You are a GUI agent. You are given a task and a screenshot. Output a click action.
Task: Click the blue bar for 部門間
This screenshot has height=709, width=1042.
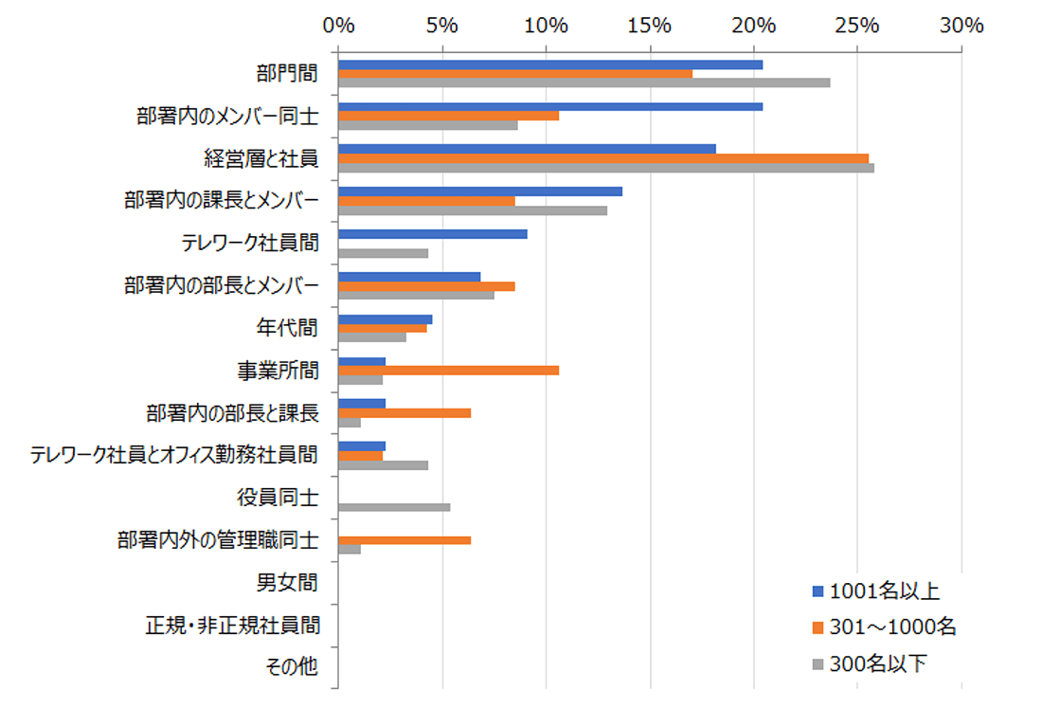click(x=550, y=64)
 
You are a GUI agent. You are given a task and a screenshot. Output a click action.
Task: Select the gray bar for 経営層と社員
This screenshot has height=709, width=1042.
click(x=606, y=168)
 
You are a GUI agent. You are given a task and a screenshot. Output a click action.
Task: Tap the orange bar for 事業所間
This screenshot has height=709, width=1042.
click(x=448, y=370)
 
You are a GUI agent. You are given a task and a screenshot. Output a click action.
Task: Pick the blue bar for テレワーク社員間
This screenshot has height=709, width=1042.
click(x=432, y=233)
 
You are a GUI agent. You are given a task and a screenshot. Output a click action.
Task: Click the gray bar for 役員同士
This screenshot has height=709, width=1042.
click(x=394, y=507)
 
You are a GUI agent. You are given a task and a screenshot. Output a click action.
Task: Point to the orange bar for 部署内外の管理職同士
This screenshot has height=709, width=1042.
click(x=404, y=540)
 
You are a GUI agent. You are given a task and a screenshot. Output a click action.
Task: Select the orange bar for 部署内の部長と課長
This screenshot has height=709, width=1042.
click(x=404, y=413)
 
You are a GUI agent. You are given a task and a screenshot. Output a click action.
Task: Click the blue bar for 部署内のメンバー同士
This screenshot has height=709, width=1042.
click(x=550, y=106)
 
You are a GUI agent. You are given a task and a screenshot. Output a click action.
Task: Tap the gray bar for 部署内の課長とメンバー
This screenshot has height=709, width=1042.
click(x=473, y=210)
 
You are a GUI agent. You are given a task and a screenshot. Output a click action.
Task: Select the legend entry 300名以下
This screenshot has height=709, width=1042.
click(x=877, y=664)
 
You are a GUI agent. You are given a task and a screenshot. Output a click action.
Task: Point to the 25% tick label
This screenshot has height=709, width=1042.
click(x=858, y=26)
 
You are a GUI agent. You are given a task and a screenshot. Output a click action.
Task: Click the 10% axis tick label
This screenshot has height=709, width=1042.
click(x=547, y=26)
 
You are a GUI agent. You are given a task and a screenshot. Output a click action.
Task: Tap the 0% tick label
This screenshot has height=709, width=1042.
click(x=339, y=26)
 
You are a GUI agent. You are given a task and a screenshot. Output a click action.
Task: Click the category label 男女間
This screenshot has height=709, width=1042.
click(x=287, y=581)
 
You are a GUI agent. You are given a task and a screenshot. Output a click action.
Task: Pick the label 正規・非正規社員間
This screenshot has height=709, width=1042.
click(x=232, y=625)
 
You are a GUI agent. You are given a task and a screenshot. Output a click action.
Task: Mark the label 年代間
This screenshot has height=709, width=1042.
click(x=287, y=328)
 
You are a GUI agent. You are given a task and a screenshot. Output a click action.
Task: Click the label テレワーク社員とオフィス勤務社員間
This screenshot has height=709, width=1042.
click(x=174, y=455)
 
